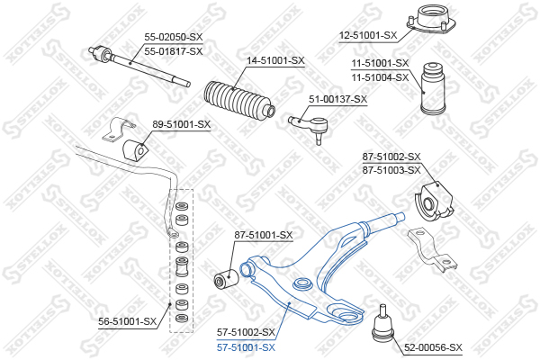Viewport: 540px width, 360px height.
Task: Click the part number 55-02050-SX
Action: click(x=173, y=37)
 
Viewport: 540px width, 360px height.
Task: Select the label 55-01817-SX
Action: click(x=173, y=51)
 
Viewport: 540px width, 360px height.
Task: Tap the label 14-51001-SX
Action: click(x=275, y=61)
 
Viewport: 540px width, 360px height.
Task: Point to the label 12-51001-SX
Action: click(x=368, y=35)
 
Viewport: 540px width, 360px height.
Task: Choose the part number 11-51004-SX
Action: click(x=380, y=78)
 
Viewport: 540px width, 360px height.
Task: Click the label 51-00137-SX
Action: click(x=337, y=100)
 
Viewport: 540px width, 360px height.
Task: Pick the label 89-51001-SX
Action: click(x=182, y=124)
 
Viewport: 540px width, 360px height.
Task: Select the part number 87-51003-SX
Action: click(x=391, y=170)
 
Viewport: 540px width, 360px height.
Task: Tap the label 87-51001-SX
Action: click(x=264, y=235)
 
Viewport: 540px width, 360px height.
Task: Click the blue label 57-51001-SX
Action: click(x=246, y=347)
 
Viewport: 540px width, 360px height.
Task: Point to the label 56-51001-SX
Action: click(x=128, y=322)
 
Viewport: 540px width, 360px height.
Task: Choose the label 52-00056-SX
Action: click(x=433, y=347)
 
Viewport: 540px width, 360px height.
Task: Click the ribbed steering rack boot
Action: click(x=239, y=102)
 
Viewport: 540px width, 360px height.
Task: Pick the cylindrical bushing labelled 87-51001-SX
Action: click(x=226, y=278)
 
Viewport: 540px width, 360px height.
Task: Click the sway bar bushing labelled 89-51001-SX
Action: click(x=135, y=149)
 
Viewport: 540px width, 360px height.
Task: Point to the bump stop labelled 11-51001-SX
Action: click(x=433, y=88)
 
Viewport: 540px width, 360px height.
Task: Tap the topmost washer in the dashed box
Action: click(x=182, y=206)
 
